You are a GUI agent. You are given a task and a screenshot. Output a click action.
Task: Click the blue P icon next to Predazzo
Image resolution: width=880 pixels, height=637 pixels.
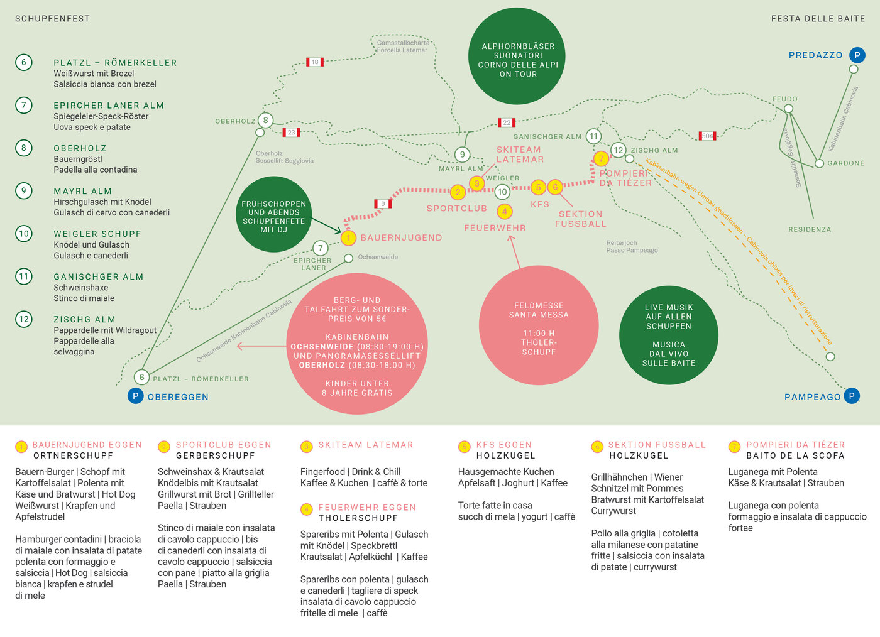coord(857,55)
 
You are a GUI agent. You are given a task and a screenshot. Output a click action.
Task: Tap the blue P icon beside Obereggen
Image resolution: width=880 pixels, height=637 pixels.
coord(136,396)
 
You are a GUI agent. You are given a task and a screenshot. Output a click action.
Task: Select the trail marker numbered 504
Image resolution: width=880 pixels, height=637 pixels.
coord(707,136)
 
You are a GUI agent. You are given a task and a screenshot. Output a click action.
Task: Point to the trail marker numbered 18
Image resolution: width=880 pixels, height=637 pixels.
coord(315,62)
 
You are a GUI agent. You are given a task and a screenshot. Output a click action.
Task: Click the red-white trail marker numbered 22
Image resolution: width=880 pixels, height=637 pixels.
coord(507,122)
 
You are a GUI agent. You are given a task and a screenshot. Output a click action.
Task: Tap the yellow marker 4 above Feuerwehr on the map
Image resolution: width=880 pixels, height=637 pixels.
coord(504,212)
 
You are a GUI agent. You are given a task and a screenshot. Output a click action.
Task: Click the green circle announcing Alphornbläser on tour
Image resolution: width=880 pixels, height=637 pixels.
coord(517,56)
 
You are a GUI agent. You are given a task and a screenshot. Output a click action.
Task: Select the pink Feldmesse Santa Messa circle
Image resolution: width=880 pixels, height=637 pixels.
coord(539,325)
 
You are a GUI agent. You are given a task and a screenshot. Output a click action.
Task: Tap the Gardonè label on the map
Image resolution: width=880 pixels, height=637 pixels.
coord(846,163)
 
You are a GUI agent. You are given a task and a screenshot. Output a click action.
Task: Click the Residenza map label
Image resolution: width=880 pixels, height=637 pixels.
coord(810,229)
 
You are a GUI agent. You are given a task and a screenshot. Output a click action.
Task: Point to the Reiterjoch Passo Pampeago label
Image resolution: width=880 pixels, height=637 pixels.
coord(632,247)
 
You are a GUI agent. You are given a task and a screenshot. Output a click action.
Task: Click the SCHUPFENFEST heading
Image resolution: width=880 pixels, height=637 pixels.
coord(52,18)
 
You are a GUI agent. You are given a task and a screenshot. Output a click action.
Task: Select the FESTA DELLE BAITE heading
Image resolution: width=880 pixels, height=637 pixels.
coord(818,18)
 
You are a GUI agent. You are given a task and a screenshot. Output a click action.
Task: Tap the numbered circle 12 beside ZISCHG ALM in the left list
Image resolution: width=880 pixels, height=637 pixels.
coord(24,319)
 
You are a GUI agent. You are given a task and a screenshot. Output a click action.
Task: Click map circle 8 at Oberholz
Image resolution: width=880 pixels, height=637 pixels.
coord(265,120)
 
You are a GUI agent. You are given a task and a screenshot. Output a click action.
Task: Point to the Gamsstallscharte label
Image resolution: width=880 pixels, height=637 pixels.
coord(403,43)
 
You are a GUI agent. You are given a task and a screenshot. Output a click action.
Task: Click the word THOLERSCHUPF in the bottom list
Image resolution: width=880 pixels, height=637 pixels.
coord(358,518)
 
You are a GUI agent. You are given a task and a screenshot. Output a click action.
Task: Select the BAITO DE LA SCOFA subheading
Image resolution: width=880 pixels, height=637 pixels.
coord(795,455)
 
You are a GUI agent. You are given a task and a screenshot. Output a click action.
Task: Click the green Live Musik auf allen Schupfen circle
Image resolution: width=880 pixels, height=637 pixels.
coord(669,335)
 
